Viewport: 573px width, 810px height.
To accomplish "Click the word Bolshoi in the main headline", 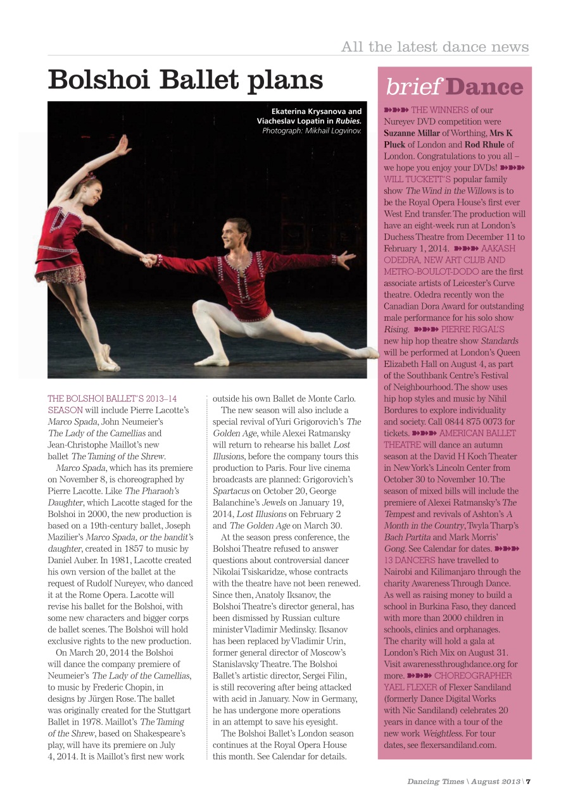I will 99,81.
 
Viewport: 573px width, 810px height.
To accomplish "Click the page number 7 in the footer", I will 528,781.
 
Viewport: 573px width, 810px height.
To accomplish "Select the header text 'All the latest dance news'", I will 434,47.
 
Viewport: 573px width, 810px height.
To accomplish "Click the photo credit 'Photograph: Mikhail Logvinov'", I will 312,130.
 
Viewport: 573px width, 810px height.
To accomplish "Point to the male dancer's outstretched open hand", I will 346,257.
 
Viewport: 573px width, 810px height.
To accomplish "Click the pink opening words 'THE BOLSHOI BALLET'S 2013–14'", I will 112,399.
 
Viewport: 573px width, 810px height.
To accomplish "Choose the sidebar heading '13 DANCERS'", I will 409,560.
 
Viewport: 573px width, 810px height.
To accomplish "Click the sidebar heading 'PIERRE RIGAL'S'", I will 472,329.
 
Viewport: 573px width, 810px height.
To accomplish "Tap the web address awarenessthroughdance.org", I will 450,664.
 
